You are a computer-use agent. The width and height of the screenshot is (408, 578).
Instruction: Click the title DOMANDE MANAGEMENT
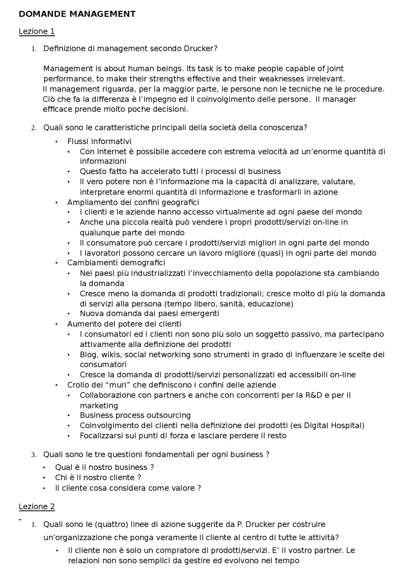pos(77,14)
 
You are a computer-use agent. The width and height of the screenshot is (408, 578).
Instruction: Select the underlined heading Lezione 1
pos(37,31)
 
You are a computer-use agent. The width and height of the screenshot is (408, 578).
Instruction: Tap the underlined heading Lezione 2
pos(37,507)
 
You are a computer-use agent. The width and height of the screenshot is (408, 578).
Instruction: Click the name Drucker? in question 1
pos(200,49)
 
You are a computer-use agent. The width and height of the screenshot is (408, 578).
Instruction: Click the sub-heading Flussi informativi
pos(99,141)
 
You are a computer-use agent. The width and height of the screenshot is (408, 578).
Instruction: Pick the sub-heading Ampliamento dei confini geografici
pos(133,202)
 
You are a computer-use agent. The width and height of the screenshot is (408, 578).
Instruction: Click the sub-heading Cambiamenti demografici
pos(116,263)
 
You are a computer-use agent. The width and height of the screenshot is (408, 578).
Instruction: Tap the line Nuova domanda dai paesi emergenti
pos(149,313)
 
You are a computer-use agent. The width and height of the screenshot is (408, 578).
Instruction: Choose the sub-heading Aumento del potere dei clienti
pos(124,324)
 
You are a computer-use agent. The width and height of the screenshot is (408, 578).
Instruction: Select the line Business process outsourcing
pos(135,415)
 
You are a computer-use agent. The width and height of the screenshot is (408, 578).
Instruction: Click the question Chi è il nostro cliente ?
pos(98,477)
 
